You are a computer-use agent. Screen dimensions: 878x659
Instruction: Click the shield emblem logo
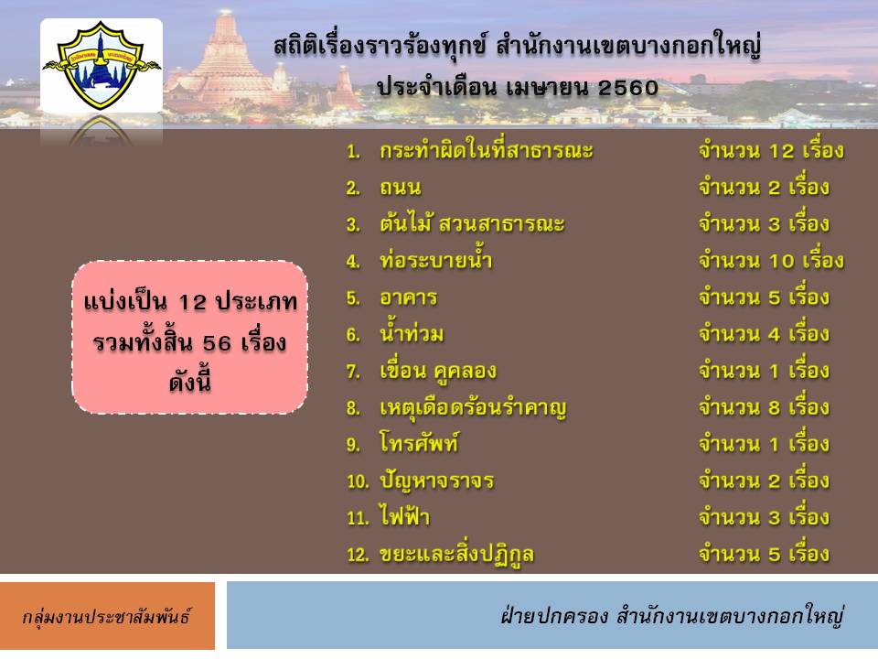pos(102,65)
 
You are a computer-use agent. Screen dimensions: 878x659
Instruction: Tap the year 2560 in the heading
pos(627,88)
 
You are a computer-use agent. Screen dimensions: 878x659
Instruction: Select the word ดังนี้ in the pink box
pos(190,382)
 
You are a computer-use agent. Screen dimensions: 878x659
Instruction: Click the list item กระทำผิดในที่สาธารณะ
pos(486,150)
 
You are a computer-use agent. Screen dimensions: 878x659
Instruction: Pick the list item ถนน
pos(400,187)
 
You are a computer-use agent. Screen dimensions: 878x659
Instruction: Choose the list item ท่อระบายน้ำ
pos(435,259)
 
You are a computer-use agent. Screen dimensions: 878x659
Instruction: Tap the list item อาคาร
pos(408,297)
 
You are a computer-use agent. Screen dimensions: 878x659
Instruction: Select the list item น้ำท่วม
pos(412,333)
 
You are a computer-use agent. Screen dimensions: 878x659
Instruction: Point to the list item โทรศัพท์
pos(420,443)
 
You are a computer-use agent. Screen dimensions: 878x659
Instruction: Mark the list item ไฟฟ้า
pos(404,515)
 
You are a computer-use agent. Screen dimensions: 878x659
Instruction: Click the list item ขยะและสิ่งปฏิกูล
pos(456,555)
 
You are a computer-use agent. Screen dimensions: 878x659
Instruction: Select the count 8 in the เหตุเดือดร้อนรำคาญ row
pos(775,408)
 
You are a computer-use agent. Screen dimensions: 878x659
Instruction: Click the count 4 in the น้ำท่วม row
pos(775,335)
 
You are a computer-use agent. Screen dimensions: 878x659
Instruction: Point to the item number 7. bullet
pos(353,371)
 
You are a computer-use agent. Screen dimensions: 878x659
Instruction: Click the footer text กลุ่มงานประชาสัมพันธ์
pos(106,616)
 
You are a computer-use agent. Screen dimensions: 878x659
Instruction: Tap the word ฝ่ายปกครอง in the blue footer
pos(554,615)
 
